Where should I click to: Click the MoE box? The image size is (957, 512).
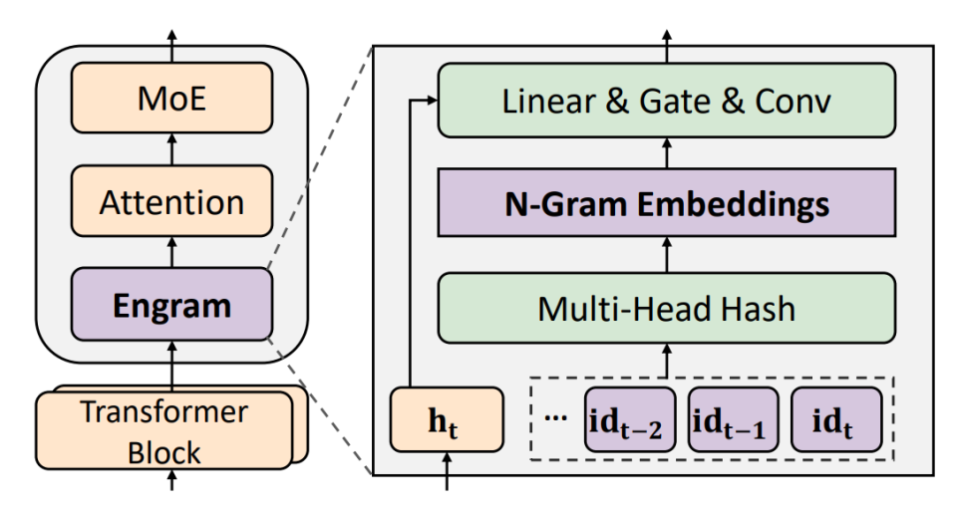[171, 98]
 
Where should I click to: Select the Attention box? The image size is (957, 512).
[171, 201]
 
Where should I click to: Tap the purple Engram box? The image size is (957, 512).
[171, 304]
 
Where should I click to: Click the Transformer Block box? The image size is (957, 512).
[164, 431]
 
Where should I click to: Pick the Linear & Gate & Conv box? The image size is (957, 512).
[667, 101]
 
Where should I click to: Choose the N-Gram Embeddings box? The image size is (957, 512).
[667, 203]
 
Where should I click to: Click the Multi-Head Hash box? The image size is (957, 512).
[667, 308]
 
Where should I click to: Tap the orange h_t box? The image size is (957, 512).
[447, 420]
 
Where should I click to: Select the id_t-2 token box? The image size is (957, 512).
[630, 420]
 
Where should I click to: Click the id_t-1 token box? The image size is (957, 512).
[733, 420]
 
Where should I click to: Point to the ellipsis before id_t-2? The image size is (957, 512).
[555, 417]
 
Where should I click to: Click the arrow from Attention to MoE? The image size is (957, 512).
[171, 149]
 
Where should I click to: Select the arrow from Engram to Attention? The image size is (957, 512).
[171, 252]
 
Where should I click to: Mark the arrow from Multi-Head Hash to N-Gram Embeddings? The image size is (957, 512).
[667, 255]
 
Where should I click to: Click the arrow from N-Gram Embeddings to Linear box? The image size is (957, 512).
[667, 153]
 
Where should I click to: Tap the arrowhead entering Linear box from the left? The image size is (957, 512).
[433, 101]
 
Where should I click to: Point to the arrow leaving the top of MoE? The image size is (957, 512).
[171, 47]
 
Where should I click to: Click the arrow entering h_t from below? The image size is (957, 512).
[447, 471]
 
